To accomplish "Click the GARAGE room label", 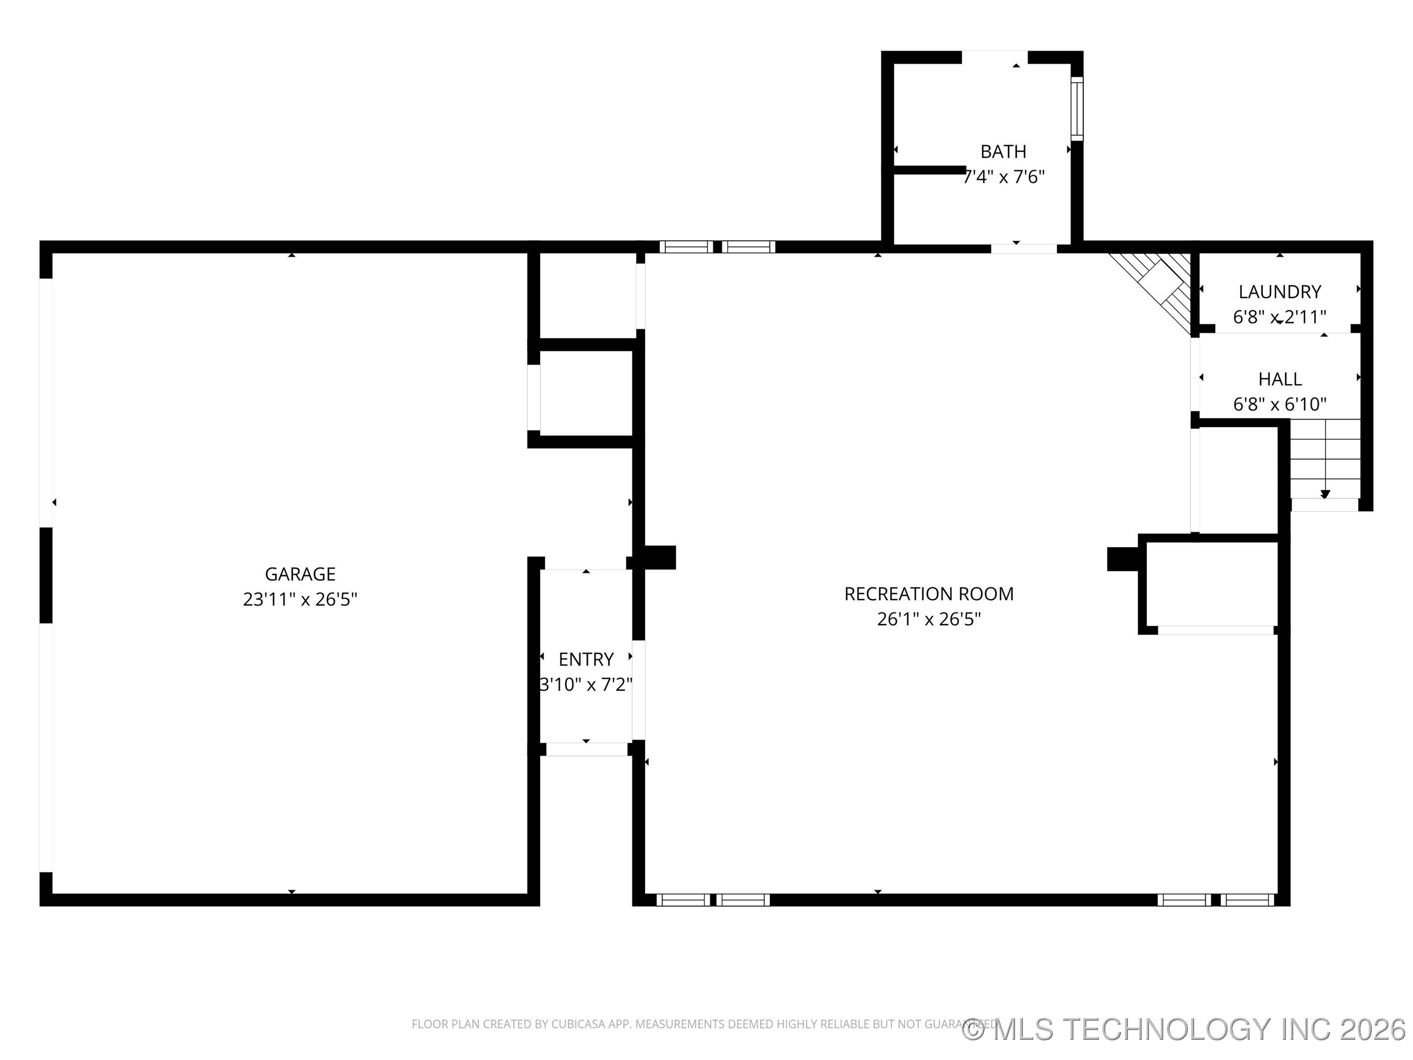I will pos(300,574).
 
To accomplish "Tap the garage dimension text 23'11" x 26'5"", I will pos(300,599).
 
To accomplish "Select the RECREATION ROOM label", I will pos(929,594).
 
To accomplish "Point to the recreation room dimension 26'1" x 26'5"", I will pos(929,619).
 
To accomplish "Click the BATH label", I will pos(1003,152).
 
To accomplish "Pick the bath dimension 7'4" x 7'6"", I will pos(1003,177).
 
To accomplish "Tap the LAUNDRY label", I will pos(1280,291).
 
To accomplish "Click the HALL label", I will pos(1280,379).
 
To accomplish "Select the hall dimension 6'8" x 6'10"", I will pos(1280,404).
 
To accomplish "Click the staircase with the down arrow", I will pos(1325,459).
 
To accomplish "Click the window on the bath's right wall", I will pos(1077,108).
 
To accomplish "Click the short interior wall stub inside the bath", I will pos(929,169).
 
